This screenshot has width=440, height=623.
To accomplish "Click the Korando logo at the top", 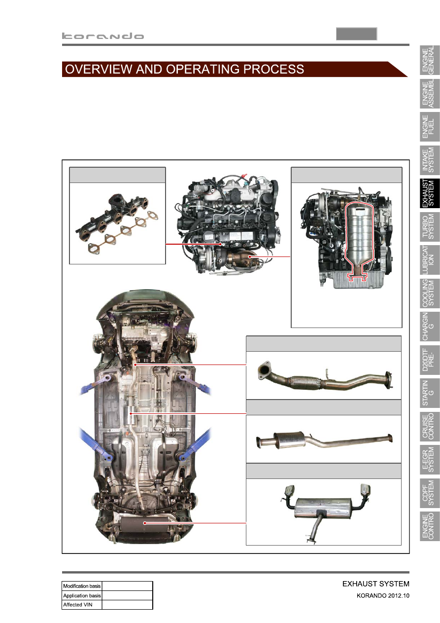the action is (x=103, y=36).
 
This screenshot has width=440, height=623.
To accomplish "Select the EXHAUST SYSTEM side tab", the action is (x=429, y=193).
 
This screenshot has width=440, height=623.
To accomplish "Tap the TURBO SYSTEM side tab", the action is (x=429, y=226).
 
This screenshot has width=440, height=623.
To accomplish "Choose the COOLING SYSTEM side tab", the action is (x=429, y=293).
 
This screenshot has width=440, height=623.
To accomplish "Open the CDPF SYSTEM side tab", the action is (x=429, y=493).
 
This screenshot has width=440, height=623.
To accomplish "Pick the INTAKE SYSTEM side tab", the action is (x=429, y=160).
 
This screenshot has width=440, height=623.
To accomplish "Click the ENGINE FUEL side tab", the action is (x=429, y=127).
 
